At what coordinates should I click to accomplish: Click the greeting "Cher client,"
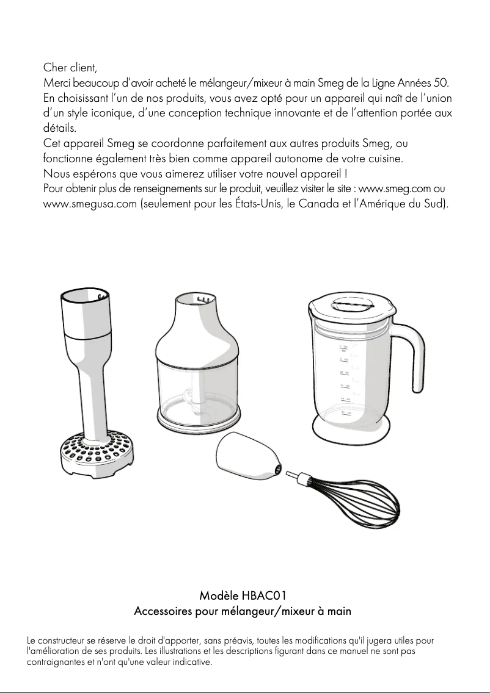[x=70, y=66]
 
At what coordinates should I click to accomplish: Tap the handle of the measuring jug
[x=416, y=360]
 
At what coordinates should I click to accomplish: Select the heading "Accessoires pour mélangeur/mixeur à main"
[x=243, y=611]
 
